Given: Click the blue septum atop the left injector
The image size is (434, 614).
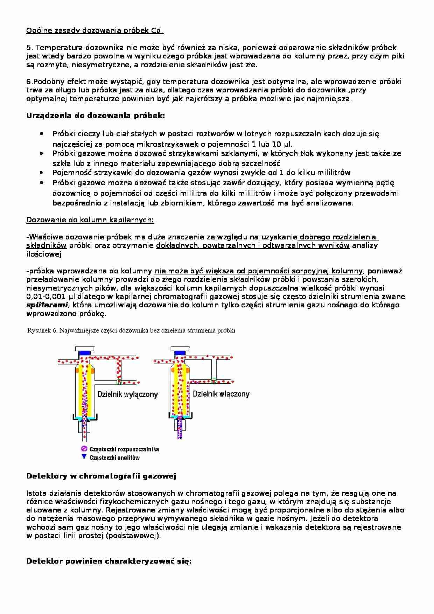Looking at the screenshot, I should [x=84, y=352].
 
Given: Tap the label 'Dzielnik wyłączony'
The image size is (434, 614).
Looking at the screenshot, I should [x=128, y=395].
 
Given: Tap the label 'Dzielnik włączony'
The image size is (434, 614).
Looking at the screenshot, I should [x=221, y=394].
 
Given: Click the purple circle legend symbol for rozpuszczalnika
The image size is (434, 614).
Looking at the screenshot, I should [x=84, y=449].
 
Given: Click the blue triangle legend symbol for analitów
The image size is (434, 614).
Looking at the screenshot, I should [x=84, y=457].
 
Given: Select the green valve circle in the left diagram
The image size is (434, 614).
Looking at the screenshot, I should [x=119, y=381].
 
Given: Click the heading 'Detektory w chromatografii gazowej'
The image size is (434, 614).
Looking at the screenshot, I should [x=101, y=476].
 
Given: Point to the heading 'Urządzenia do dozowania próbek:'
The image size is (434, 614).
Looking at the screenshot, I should [x=96, y=116].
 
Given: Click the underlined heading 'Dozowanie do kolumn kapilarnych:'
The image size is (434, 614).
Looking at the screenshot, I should [x=90, y=220].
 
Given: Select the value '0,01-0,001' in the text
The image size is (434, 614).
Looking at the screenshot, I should [x=43, y=296].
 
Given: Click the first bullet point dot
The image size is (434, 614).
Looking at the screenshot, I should [x=42, y=134].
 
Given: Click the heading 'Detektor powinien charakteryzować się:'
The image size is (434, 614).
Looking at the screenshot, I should [x=109, y=561].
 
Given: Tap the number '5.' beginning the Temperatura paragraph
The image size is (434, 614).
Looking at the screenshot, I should [x=29, y=48].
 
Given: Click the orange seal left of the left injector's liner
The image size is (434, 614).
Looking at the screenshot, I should [x=76, y=370].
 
